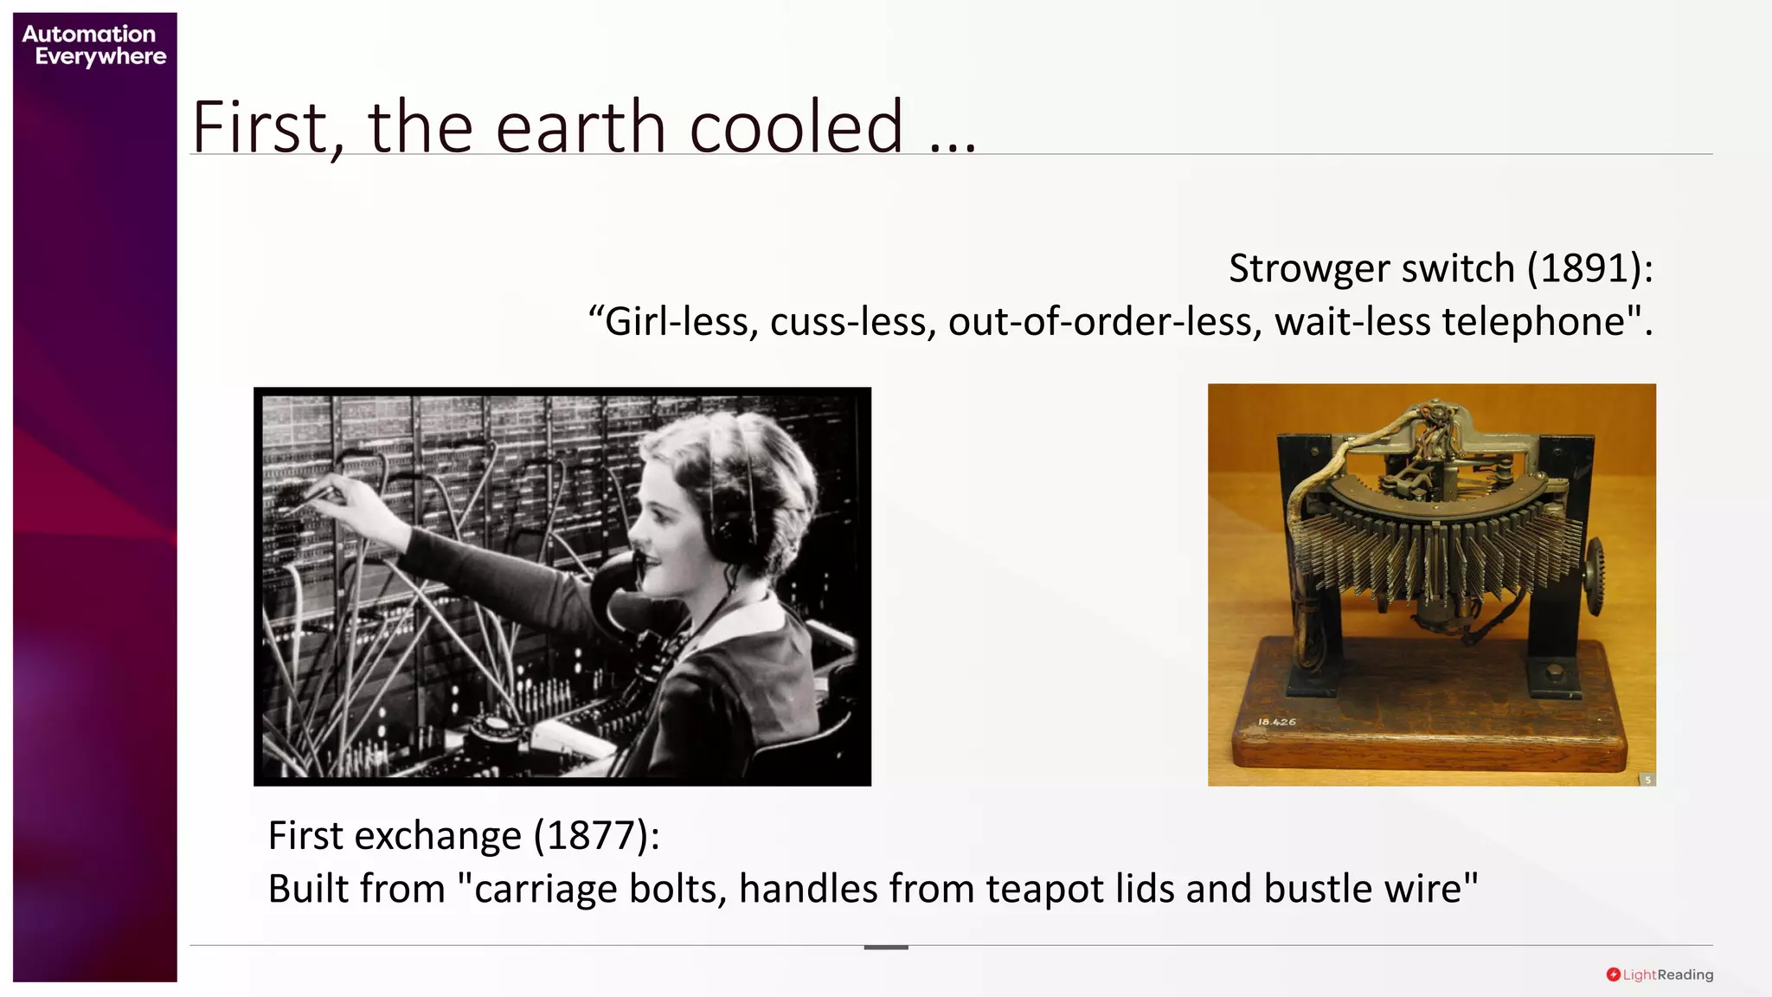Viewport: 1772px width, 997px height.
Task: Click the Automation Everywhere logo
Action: [93, 45]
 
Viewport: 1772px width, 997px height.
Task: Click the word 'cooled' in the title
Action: [796, 127]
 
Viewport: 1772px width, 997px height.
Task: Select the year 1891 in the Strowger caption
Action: [1583, 268]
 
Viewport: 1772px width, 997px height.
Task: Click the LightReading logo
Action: [1660, 974]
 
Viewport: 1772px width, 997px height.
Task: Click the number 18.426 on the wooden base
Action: [1277, 722]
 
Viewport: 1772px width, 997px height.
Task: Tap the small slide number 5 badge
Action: [1647, 780]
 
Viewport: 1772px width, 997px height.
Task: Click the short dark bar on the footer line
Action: [886, 948]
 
